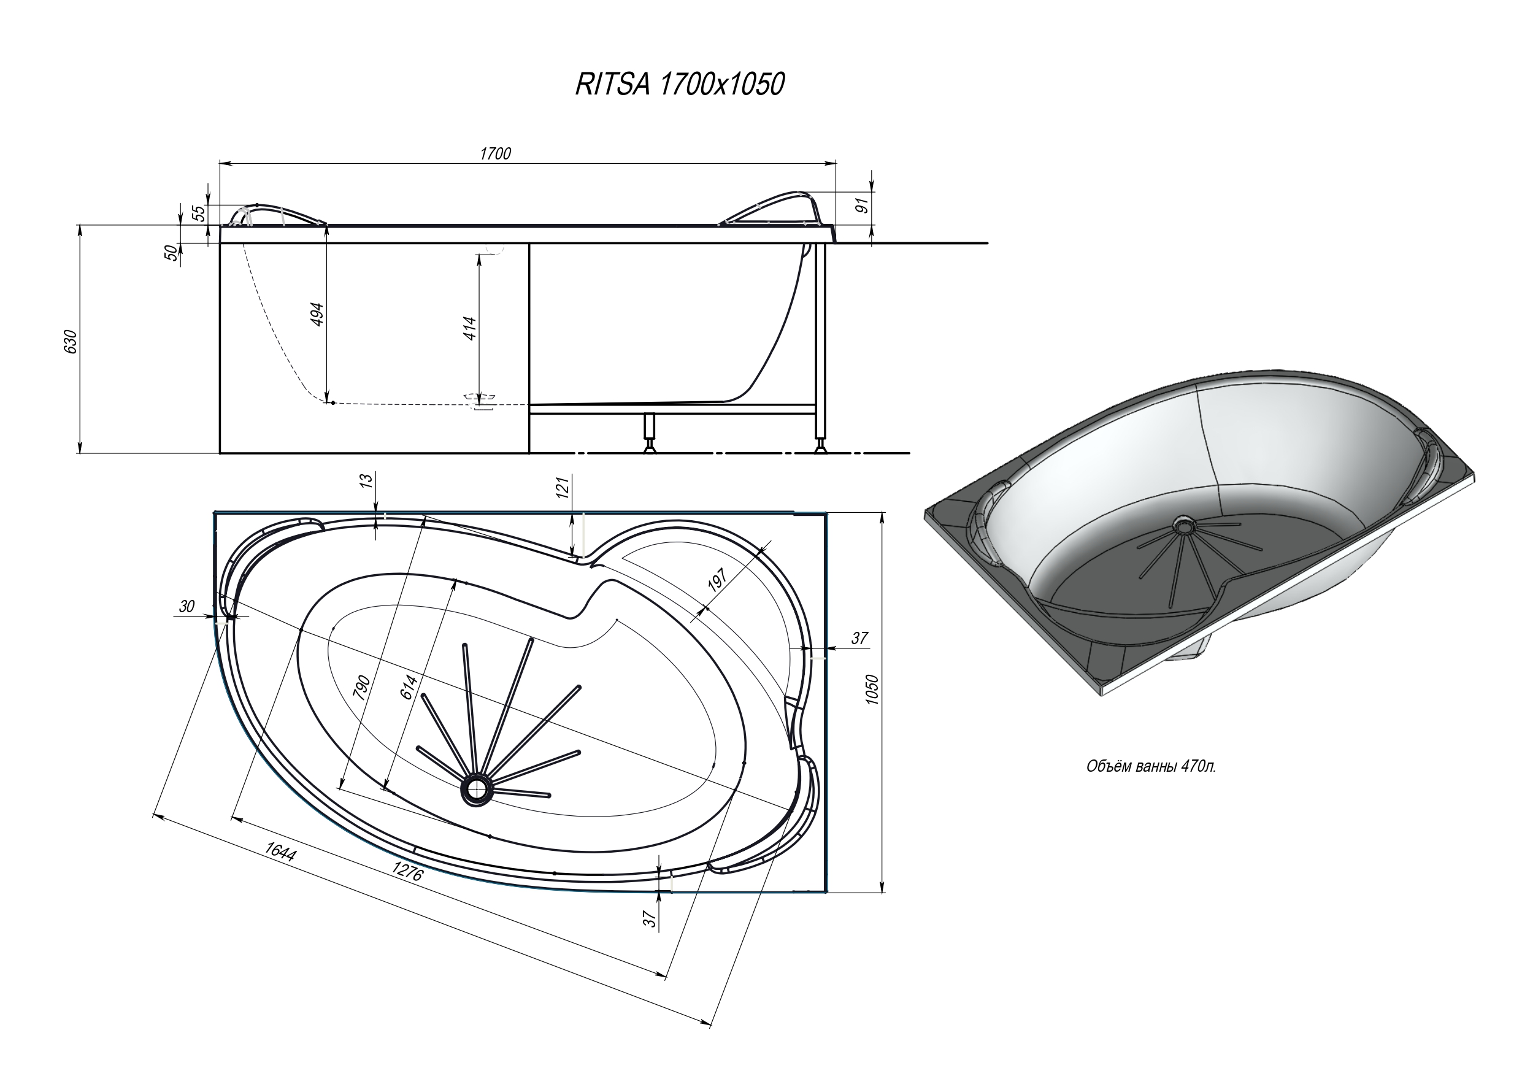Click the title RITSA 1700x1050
(x=680, y=85)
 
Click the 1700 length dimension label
(x=495, y=154)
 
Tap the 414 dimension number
(x=469, y=328)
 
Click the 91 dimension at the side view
(x=861, y=206)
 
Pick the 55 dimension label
(x=198, y=213)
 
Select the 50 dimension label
(x=171, y=253)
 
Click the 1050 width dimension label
(x=872, y=690)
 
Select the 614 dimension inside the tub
(x=409, y=686)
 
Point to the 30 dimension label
(x=187, y=606)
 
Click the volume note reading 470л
(x=1151, y=767)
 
